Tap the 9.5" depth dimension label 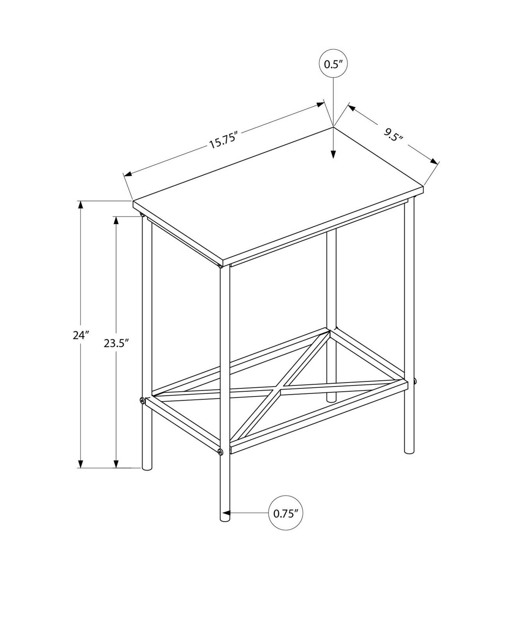393,135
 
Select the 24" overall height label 81,335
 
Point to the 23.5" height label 116,344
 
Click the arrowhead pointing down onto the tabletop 333,154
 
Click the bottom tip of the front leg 225,520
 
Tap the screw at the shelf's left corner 142,400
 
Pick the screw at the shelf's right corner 415,380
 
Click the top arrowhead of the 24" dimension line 81,205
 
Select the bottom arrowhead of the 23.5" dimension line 116,463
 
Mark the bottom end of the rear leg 331,399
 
